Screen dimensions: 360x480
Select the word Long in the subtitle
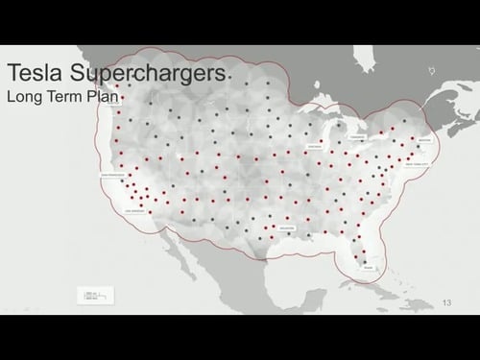[24, 97]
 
